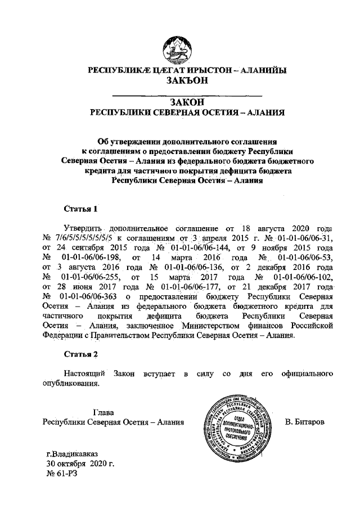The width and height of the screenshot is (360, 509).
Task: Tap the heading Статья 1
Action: [81, 209]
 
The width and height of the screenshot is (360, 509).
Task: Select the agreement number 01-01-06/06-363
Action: [85, 296]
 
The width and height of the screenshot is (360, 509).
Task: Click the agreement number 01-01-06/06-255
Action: [90, 276]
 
